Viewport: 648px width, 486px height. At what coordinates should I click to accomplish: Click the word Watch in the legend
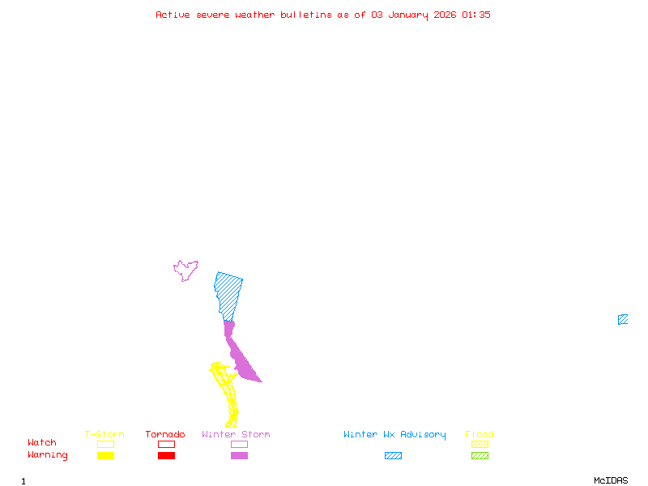[42, 443]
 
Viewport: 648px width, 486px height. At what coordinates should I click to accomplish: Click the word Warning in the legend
[48, 455]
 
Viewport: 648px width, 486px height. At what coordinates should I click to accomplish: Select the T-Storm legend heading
[104, 435]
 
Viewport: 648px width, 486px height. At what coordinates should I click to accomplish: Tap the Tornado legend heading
[165, 435]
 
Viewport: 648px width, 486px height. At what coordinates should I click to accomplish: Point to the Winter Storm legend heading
[236, 435]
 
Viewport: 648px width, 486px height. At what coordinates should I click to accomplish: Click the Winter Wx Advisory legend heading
[394, 435]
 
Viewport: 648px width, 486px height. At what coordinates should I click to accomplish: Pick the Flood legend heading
[480, 435]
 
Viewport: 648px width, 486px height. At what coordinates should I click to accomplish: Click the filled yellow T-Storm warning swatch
[105, 455]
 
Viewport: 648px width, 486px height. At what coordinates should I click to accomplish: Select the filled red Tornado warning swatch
[166, 455]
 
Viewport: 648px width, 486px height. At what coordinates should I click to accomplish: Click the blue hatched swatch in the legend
[393, 455]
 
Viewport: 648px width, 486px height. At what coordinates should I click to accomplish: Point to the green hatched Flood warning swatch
[480, 455]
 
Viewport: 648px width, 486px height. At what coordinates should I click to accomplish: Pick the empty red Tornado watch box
[166, 444]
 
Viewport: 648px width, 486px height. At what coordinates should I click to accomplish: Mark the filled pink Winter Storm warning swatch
[239, 455]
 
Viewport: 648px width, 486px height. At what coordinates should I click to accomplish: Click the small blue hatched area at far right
[623, 319]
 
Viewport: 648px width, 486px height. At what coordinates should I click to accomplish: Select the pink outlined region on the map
[185, 270]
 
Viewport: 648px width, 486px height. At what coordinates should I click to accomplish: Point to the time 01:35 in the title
[476, 15]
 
